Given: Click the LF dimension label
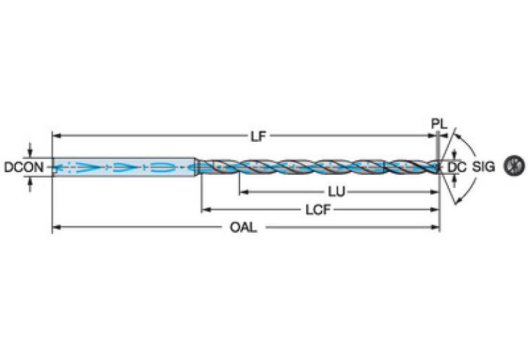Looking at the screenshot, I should click(x=257, y=136).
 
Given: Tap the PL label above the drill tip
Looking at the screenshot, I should click(x=439, y=125).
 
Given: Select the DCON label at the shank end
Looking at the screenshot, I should click(x=24, y=167).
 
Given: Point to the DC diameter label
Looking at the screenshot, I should click(x=457, y=167).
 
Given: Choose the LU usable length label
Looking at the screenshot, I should click(x=337, y=191).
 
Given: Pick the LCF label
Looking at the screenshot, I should click(x=317, y=210).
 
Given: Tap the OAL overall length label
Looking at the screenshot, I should click(x=244, y=227).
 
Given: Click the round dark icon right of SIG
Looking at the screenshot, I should click(x=513, y=166).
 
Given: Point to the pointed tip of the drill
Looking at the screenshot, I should click(x=441, y=166).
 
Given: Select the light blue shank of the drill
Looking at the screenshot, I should click(x=124, y=167).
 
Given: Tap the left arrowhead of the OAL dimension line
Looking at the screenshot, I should click(x=56, y=226).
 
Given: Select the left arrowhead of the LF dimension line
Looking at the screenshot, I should click(x=56, y=136).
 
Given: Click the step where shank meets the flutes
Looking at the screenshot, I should click(x=198, y=167).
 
